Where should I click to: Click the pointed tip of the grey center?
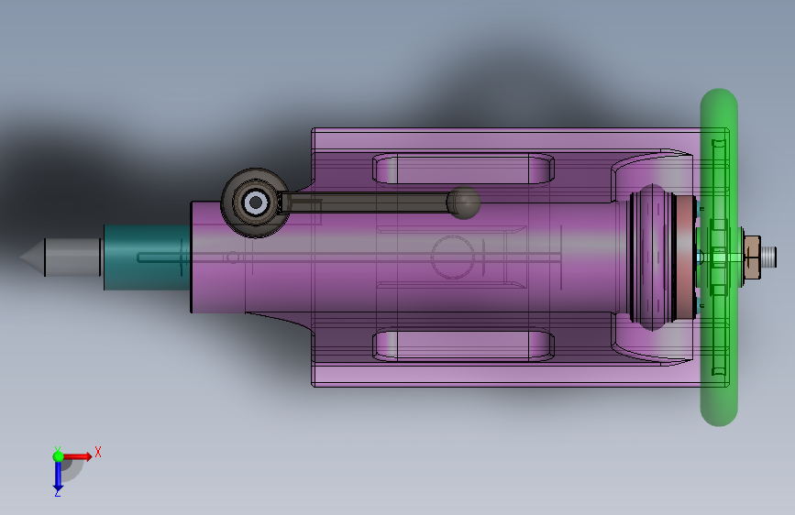click(x=20, y=257)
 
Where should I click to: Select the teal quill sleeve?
click(x=147, y=257)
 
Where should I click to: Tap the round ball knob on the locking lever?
click(x=463, y=203)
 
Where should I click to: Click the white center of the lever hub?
click(x=256, y=203)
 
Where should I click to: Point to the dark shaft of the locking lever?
click(x=364, y=203)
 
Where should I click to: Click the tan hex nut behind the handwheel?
click(x=752, y=257)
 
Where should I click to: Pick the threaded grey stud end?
click(x=768, y=257)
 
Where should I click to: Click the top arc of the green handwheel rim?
click(x=719, y=99)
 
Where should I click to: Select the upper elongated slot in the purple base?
click(x=463, y=169)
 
